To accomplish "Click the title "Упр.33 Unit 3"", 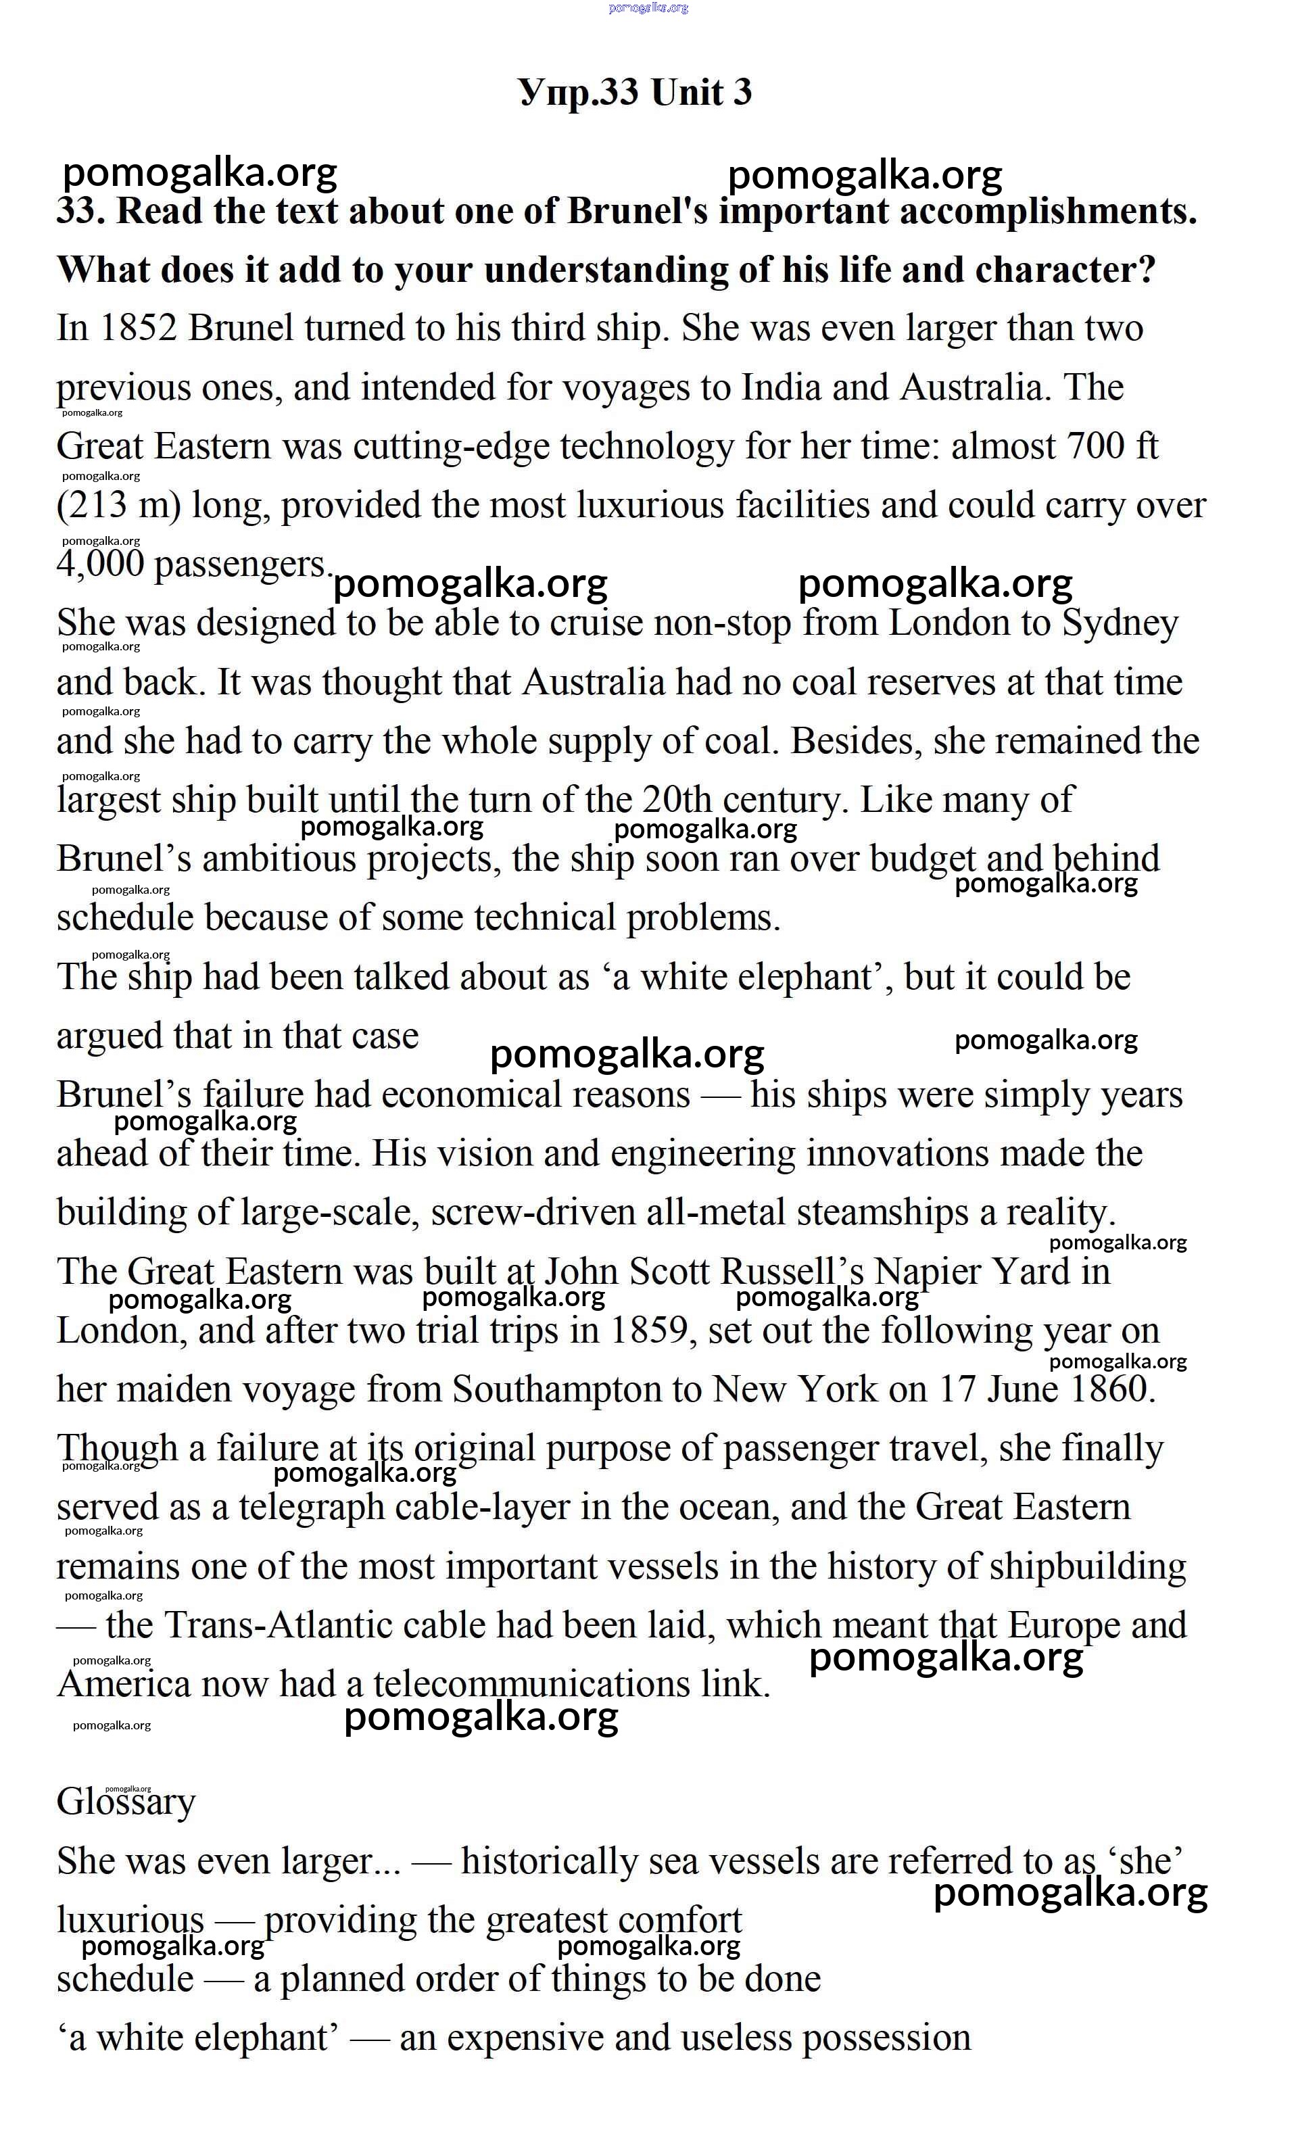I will (634, 92).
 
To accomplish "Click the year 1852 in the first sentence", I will (139, 329).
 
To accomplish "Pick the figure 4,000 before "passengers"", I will (100, 565).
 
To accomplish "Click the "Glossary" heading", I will (126, 1802).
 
